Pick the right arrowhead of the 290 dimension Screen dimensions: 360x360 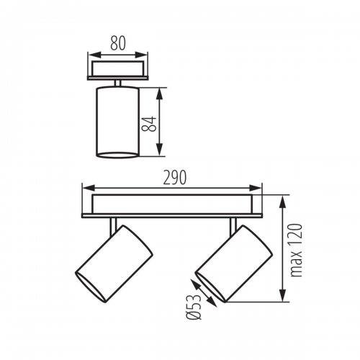[260, 189]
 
